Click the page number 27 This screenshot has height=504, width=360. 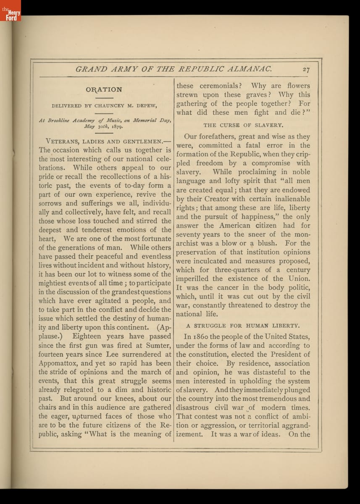(305, 70)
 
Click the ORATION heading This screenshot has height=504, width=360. (104, 89)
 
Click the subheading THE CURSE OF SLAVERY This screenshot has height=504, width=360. (243, 125)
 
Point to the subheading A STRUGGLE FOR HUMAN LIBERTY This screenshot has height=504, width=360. (243, 325)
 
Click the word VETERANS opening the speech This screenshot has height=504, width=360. (64, 141)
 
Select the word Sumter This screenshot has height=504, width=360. (158, 345)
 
